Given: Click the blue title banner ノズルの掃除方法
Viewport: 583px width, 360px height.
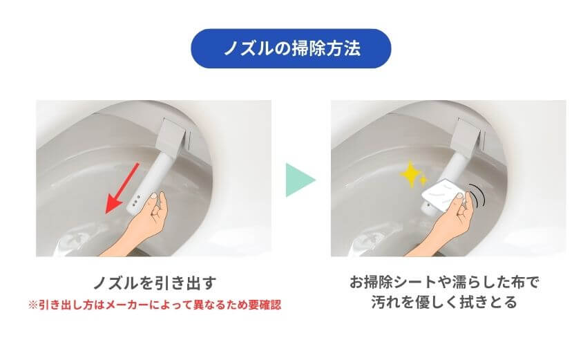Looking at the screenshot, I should click(291, 48).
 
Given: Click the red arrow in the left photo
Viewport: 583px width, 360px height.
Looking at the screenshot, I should click(124, 187).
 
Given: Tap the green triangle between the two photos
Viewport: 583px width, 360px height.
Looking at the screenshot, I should click(299, 180).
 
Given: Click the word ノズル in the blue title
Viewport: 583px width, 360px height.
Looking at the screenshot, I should click(247, 48).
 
